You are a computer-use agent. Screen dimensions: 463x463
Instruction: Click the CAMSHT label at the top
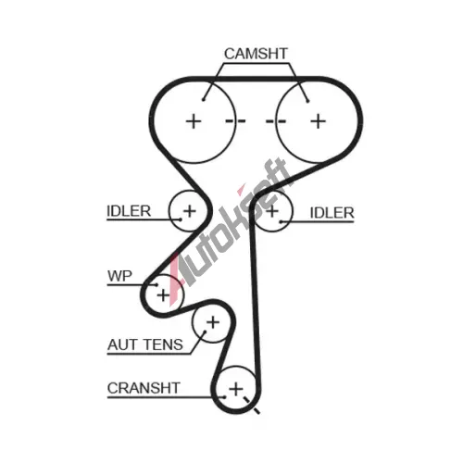[x=256, y=54]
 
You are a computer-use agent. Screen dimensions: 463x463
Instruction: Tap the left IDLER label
[x=129, y=211]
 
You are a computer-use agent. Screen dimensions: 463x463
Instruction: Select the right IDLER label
[x=332, y=213]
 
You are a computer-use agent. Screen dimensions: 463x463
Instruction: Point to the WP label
[x=119, y=276]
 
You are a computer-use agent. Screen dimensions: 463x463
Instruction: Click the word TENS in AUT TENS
[x=164, y=344]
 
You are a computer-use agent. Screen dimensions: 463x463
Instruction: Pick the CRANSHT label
[x=144, y=388]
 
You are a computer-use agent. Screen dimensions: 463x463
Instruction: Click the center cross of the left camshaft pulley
[x=194, y=121]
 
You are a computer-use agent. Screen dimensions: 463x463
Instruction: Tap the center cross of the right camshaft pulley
[x=319, y=121]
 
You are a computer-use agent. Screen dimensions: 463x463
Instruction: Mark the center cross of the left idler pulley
[x=190, y=211]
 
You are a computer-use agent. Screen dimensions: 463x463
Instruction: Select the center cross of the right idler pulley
[x=272, y=211]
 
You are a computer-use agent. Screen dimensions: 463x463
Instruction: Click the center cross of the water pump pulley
[x=163, y=295]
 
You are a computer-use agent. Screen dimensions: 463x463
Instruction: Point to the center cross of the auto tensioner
[x=213, y=322]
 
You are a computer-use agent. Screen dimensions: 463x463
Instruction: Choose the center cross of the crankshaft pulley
[x=236, y=389]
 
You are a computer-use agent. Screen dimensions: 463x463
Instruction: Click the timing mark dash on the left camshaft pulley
[x=236, y=121]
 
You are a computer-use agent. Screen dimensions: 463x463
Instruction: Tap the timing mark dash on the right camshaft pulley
[x=276, y=121]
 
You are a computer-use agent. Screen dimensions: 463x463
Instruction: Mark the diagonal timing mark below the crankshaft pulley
[x=252, y=405]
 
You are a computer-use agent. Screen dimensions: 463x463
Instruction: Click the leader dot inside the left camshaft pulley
[x=204, y=99]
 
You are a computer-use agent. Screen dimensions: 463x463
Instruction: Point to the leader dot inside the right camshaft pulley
[x=307, y=101]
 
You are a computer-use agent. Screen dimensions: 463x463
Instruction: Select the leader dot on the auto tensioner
[x=205, y=332]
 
